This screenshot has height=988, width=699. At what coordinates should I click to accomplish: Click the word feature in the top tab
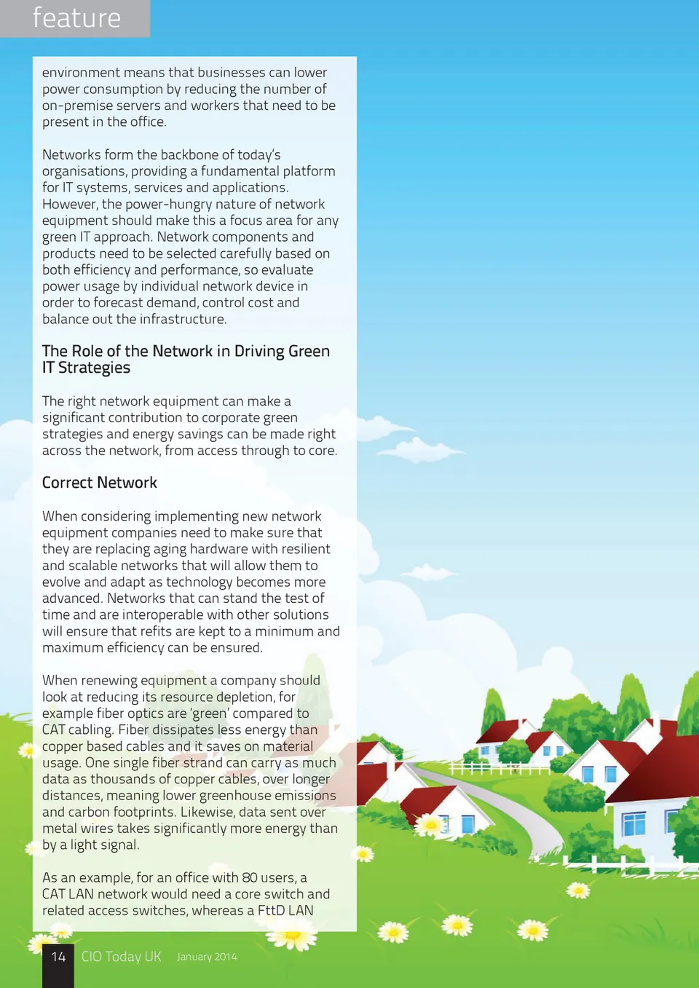76,18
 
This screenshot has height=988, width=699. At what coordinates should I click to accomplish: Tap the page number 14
58,957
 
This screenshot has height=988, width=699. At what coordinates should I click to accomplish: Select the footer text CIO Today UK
121,957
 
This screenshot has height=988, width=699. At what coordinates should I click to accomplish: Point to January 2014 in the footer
207,957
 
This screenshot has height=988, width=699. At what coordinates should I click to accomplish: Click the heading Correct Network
100,483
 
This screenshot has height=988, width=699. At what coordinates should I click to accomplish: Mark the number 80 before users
250,877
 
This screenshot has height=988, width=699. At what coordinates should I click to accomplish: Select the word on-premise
77,106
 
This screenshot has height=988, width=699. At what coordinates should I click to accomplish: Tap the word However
69,204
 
